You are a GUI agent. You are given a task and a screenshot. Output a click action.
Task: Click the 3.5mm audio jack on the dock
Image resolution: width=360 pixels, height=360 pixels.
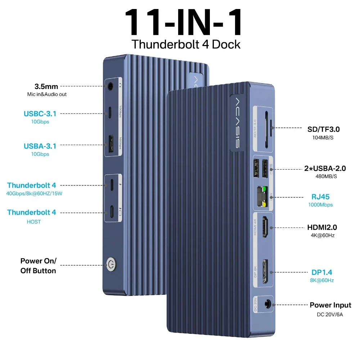111,86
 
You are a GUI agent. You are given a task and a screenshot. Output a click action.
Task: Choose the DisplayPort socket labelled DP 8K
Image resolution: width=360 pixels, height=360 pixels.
265,271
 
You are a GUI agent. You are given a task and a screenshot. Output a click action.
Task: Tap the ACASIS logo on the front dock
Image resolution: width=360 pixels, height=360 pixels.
238,123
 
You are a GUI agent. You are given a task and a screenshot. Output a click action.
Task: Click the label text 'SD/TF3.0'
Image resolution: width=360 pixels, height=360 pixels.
324,129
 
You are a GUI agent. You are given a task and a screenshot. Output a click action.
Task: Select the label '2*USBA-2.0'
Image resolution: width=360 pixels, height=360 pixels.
325,168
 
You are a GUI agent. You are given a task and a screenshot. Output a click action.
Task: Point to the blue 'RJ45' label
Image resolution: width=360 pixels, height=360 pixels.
320,197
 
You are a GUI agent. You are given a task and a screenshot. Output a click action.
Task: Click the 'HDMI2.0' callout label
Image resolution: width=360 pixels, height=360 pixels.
322,227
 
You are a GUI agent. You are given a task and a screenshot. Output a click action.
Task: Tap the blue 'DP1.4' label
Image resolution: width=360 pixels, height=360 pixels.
321,272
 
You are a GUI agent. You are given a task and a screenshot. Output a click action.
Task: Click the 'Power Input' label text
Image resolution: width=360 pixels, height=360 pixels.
330,305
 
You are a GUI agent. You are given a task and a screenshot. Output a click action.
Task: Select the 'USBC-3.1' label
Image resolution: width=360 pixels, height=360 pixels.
40,114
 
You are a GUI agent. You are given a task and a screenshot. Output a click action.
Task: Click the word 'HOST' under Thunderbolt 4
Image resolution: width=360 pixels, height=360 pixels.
34,222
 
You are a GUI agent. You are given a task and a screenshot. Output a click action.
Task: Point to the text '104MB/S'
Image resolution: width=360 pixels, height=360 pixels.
323,138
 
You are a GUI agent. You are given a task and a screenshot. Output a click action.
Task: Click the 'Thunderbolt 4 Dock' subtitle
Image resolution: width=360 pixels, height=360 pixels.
186,44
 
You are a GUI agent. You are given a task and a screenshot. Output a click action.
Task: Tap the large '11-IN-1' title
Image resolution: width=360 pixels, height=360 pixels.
184,22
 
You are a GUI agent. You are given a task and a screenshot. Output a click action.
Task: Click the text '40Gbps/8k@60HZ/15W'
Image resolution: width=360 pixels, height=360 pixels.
34,193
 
